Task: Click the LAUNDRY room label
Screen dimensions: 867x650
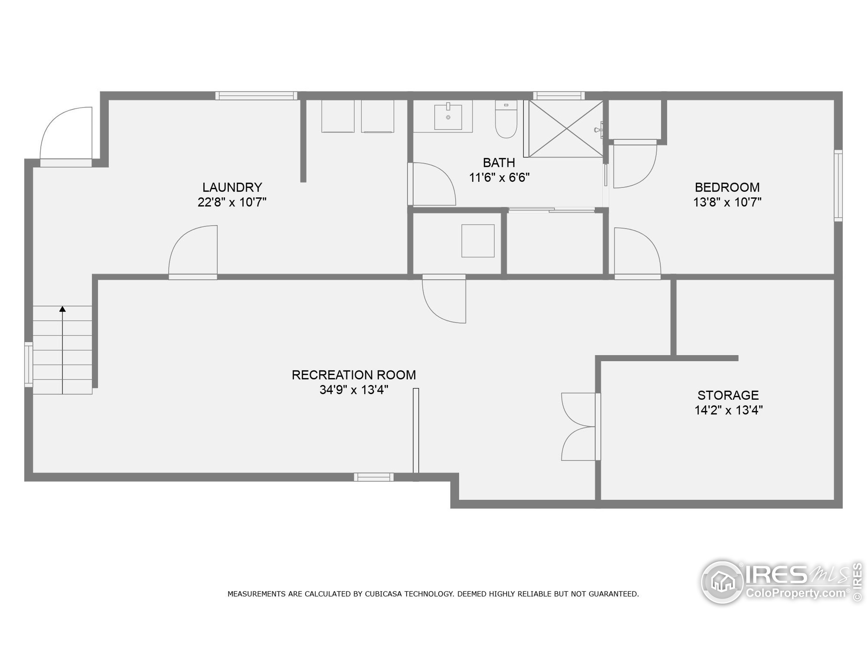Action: click(x=232, y=187)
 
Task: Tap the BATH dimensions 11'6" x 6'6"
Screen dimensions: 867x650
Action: click(x=499, y=177)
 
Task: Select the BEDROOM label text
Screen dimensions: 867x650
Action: click(x=727, y=187)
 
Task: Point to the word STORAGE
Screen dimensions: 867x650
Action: click(x=728, y=395)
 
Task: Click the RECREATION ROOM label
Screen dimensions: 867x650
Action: click(x=354, y=375)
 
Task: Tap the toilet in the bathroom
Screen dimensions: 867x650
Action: click(x=506, y=119)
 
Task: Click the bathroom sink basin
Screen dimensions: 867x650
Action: click(x=448, y=116)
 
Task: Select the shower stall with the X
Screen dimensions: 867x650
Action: click(x=566, y=129)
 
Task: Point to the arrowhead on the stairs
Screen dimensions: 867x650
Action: click(x=62, y=309)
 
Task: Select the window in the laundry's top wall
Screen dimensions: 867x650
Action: click(x=256, y=95)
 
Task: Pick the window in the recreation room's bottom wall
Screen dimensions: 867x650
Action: click(x=374, y=477)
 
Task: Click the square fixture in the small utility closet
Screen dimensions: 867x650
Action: click(x=478, y=241)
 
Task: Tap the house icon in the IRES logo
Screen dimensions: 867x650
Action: click(x=722, y=582)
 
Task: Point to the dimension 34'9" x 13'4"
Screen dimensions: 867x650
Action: click(x=354, y=390)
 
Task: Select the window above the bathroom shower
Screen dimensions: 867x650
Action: click(x=558, y=95)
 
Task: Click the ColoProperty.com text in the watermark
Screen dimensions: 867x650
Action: click(x=795, y=593)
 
